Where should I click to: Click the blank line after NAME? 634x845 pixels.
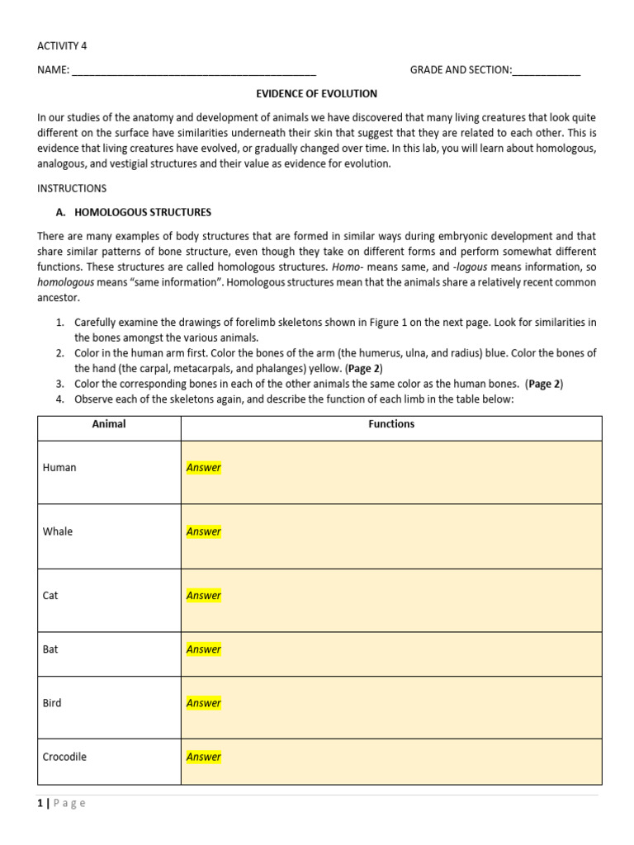(194, 71)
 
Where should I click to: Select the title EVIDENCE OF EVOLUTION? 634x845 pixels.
(316, 94)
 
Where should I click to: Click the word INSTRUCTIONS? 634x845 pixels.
(72, 188)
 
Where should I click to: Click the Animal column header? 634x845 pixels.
(109, 424)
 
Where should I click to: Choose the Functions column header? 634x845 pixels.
(391, 424)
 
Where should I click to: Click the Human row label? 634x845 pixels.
(59, 468)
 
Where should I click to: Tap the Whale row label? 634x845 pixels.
(58, 531)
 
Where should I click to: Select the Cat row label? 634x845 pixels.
(50, 596)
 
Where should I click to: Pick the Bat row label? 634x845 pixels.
(50, 649)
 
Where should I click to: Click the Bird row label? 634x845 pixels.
(52, 703)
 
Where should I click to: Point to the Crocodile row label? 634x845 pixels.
(64, 757)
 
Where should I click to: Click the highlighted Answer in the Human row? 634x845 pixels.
(204, 468)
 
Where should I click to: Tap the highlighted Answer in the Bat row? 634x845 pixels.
(204, 649)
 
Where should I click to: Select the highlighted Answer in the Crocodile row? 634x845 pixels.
(204, 757)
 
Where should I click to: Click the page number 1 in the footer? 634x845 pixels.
(40, 804)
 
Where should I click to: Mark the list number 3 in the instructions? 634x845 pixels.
(60, 384)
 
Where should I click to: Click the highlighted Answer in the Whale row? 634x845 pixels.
(204, 531)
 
